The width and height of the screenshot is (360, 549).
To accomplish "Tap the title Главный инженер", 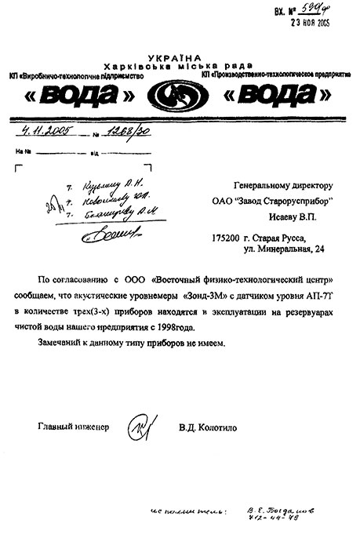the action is pos(74,427).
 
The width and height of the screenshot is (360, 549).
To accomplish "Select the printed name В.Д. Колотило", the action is pos(211,427).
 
